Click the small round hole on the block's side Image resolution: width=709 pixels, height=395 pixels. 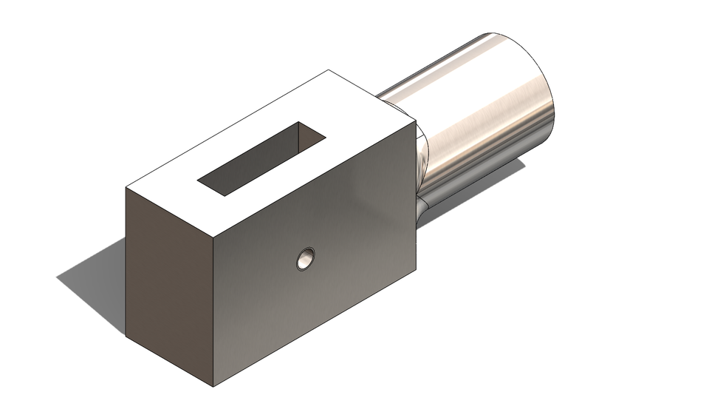(x=305, y=259)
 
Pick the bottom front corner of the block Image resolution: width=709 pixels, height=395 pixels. (x=213, y=386)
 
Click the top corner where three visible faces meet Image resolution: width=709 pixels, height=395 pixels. (x=213, y=240)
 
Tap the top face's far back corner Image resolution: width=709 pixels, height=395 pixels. (x=329, y=71)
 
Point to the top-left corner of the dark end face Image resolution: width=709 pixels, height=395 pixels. (x=126, y=188)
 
